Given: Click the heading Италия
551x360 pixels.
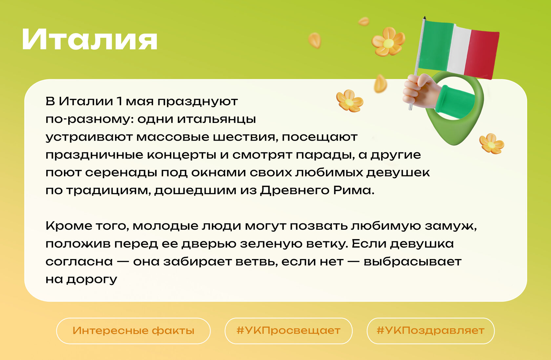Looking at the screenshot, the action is [90, 39].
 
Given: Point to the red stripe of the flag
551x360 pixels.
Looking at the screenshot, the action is [481, 54].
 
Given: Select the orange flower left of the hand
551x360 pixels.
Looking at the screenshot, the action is [350, 101].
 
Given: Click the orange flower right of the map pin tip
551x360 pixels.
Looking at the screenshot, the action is [491, 144].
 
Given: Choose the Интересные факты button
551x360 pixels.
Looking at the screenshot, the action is [133, 331].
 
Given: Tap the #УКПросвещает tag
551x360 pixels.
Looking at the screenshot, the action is [289, 331].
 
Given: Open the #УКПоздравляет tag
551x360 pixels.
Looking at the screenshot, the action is [430, 331].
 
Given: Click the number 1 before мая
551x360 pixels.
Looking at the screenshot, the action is [120, 101].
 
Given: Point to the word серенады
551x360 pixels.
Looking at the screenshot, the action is [121, 172].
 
